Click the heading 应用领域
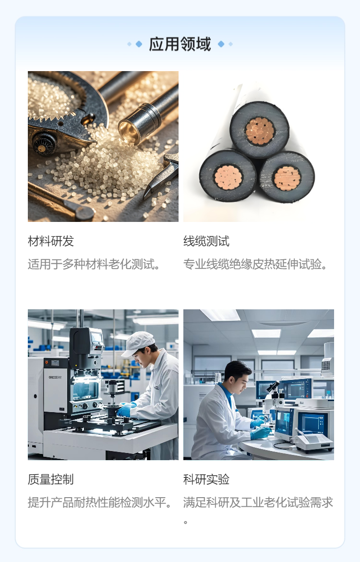180,45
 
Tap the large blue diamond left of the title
139,44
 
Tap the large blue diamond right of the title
221,44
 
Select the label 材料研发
51,241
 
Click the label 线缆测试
206,241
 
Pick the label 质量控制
51,479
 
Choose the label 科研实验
206,479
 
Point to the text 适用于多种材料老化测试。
94,264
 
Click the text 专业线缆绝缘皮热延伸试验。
255,264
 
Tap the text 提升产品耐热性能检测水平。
100,502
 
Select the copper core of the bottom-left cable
228,177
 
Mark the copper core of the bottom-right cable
288,178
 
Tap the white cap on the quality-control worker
137,343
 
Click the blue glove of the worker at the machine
125,410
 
